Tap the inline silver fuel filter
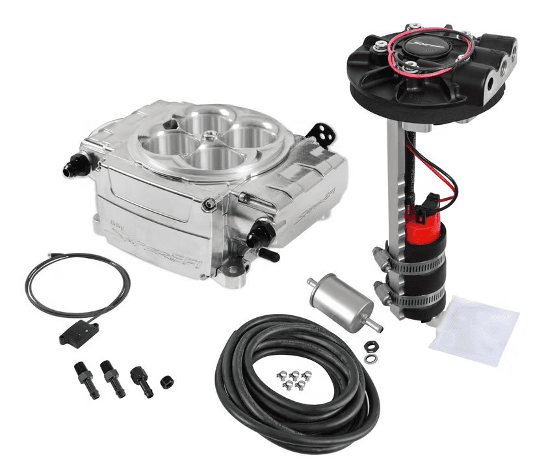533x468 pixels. (341, 300)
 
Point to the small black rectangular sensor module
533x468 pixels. (77, 332)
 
